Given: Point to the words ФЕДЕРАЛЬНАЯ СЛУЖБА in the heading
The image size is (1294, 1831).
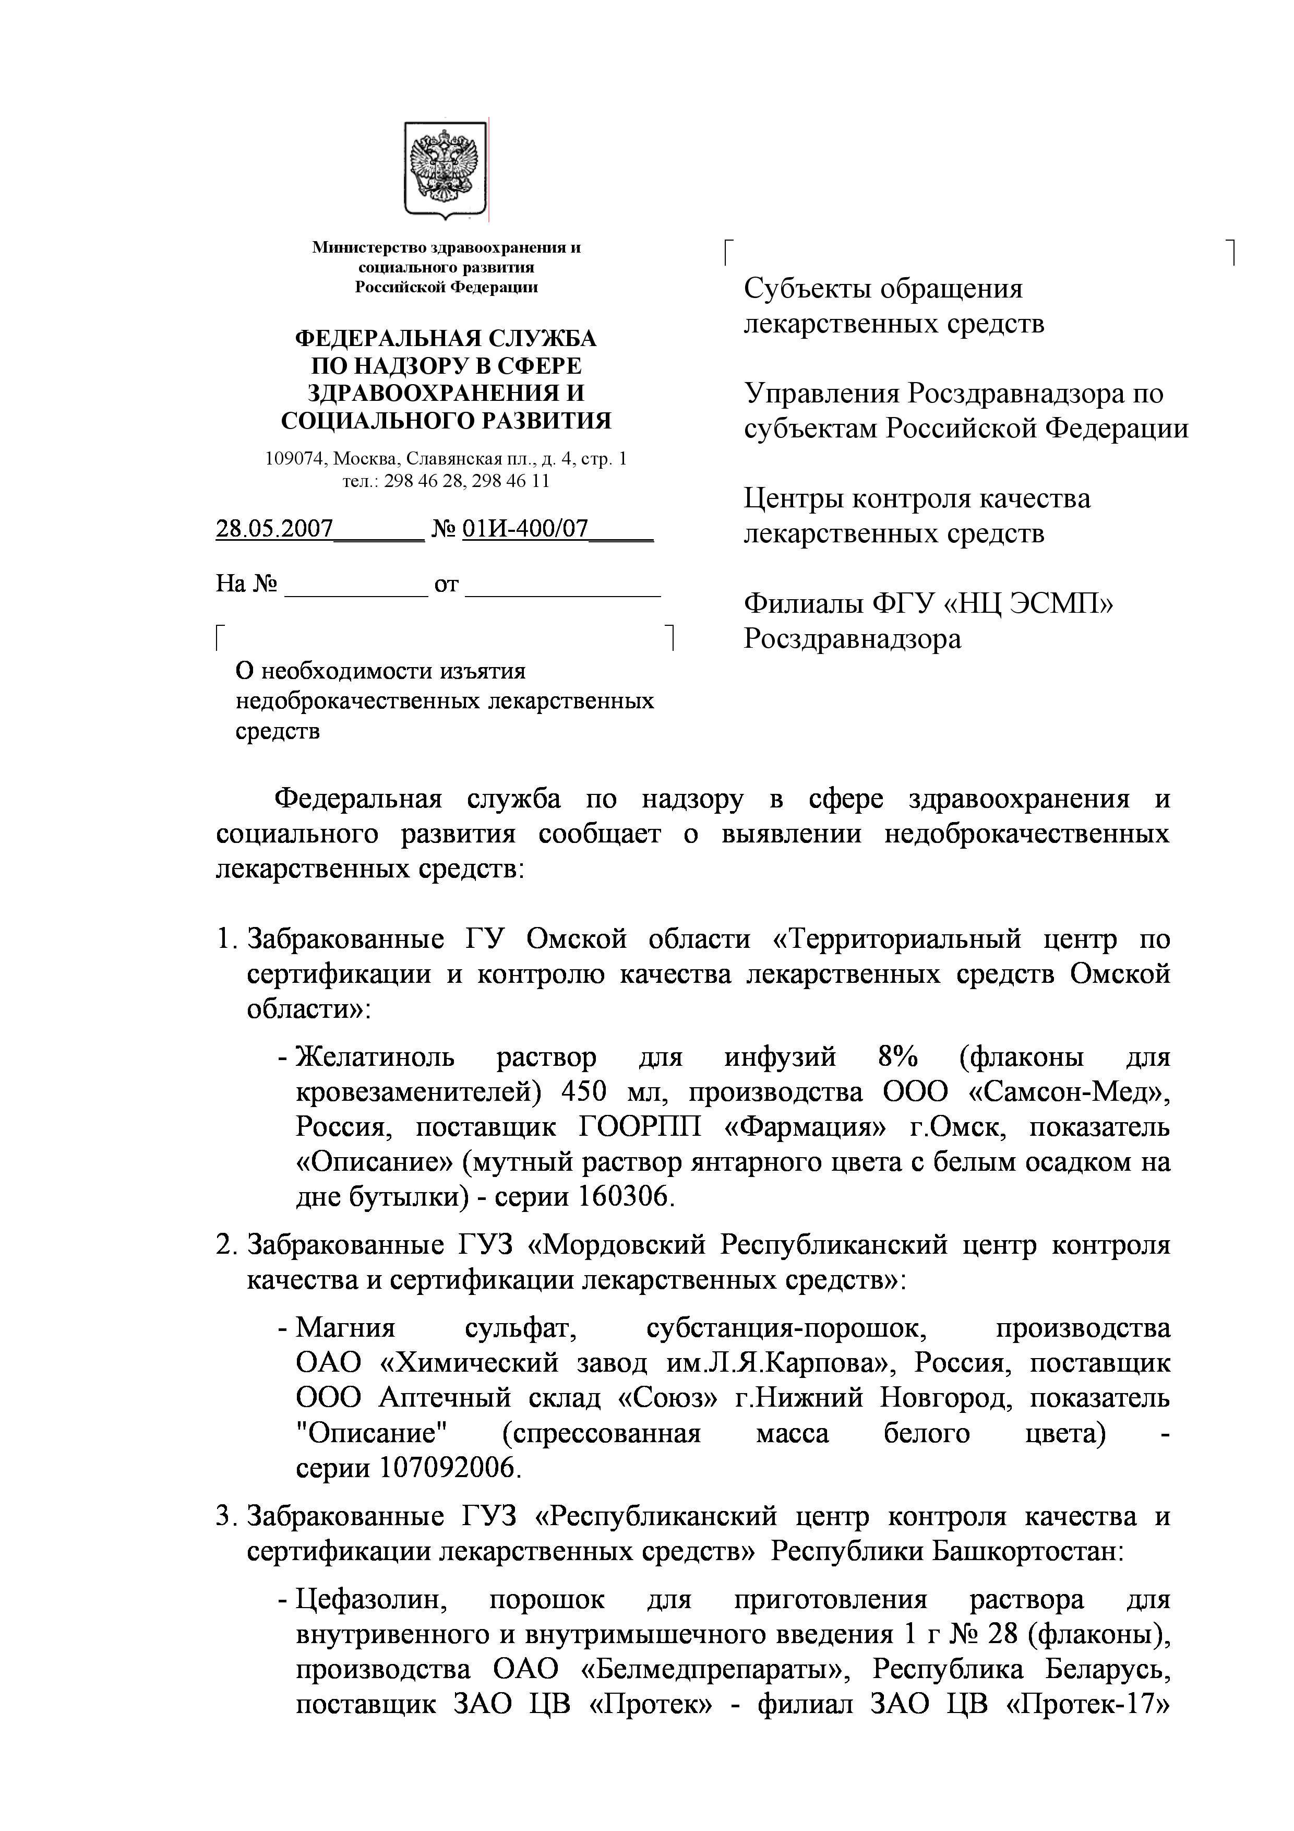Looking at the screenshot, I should click(x=446, y=339).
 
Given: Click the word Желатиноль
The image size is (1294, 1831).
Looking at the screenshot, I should click(x=375, y=1058).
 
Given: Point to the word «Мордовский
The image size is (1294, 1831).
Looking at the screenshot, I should click(x=617, y=1245).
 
